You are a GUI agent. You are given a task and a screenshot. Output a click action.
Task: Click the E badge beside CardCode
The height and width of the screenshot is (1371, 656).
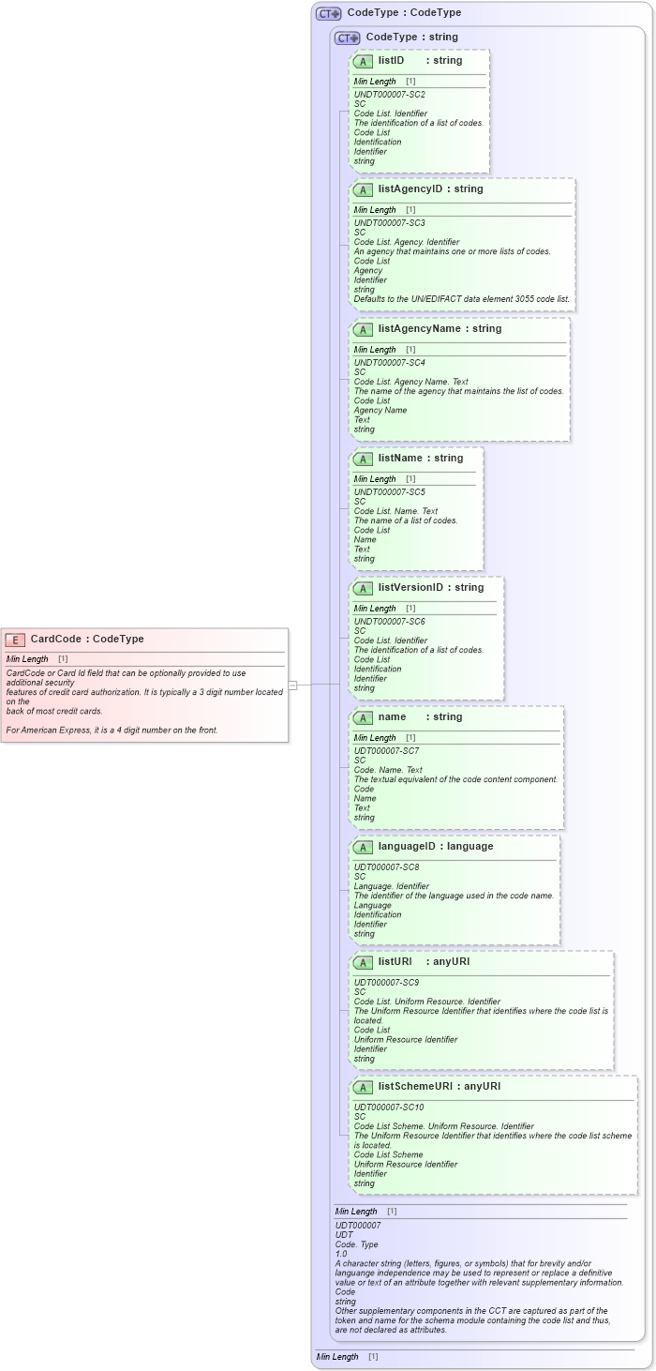tap(15, 640)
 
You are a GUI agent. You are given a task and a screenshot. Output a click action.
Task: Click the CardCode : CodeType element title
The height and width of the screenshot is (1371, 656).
tap(87, 640)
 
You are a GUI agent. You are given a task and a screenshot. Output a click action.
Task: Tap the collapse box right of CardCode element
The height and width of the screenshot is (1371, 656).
tap(292, 685)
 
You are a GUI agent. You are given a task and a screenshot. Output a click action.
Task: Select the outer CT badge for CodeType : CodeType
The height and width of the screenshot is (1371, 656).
tap(328, 14)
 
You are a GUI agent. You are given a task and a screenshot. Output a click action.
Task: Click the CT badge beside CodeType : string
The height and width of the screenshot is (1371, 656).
tap(347, 38)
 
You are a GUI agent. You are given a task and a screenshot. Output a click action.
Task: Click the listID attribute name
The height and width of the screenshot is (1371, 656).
tap(391, 61)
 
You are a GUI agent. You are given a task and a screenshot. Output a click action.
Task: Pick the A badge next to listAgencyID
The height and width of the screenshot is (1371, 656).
tap(364, 190)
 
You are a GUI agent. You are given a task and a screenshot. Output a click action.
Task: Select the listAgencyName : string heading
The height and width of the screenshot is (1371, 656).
tap(440, 329)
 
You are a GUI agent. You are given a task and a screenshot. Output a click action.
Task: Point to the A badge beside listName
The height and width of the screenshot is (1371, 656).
tap(364, 460)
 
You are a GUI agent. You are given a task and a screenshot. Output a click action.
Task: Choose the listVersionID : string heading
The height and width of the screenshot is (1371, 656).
tap(431, 588)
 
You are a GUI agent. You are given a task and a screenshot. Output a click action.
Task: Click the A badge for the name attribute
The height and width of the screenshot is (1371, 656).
tap(364, 718)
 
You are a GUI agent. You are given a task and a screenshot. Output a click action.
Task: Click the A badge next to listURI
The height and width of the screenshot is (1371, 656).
tap(364, 963)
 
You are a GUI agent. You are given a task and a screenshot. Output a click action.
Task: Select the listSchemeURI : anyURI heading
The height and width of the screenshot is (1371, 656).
tap(440, 1087)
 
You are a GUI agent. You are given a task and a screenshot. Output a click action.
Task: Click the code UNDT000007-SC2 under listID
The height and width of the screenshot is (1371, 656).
tap(389, 95)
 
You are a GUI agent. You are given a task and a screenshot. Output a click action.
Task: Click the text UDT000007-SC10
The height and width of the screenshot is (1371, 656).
tap(389, 1107)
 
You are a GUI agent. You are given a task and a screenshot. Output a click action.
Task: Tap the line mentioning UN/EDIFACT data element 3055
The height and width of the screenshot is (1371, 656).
tap(461, 299)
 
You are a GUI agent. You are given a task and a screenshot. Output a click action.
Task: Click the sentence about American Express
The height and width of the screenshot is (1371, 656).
tap(112, 730)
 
